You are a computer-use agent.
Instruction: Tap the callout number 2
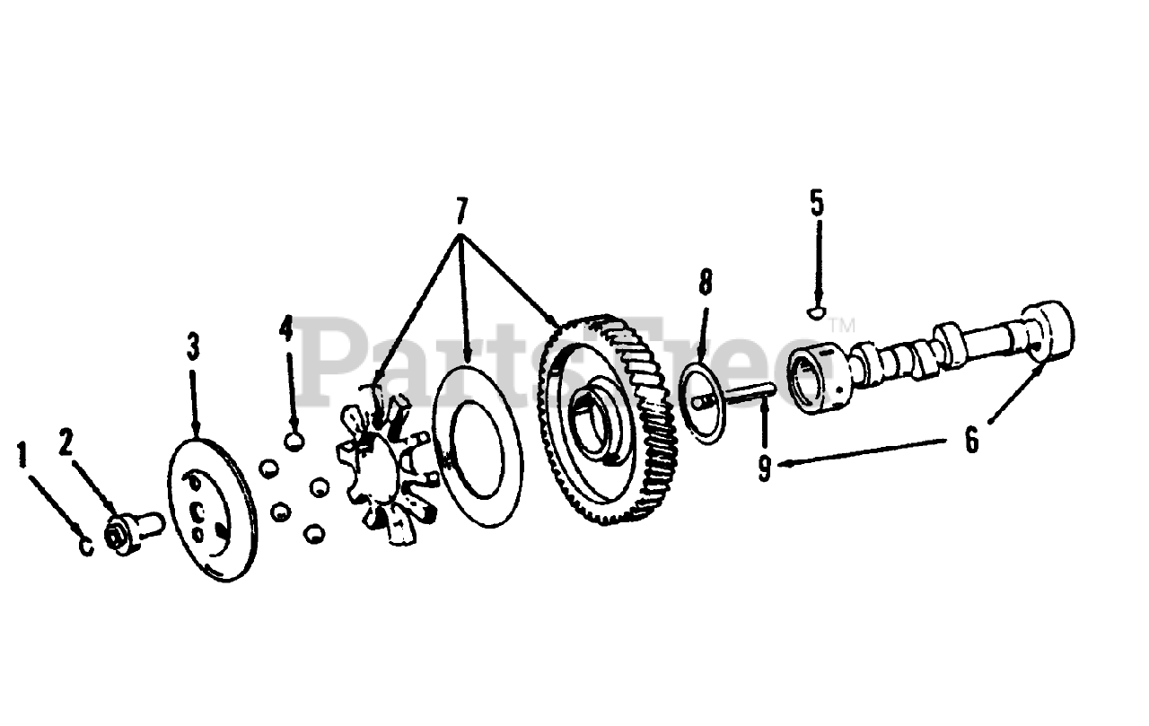pos(66,442)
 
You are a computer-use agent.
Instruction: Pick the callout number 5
pos(816,202)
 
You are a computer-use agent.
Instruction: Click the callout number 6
pos(972,442)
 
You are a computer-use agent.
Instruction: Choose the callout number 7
pos(460,211)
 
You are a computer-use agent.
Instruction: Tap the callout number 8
pos(705,283)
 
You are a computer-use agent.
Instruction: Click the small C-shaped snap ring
pos(87,545)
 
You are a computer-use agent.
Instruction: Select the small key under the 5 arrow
pos(816,313)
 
